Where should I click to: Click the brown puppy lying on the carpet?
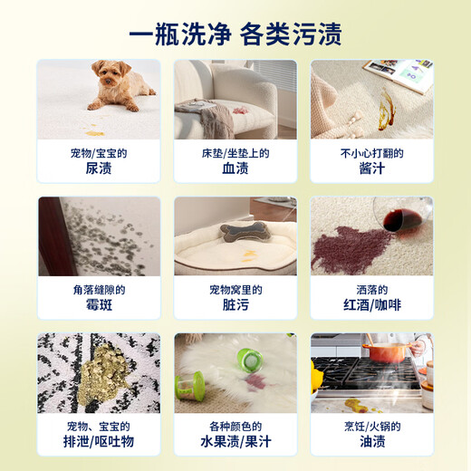pos(123,86)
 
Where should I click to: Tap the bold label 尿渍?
pos(99,168)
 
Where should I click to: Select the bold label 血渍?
pos(235,168)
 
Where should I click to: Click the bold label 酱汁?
pos(372,168)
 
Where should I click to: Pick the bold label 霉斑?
pos(99,305)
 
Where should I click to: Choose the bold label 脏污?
pos(235,305)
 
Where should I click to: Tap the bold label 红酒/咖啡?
pos(372,305)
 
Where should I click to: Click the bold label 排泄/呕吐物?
pos(99,441)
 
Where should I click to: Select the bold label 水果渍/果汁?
pos(235,441)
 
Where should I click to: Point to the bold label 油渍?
pos(372,441)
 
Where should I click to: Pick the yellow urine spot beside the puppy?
pos(93,132)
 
